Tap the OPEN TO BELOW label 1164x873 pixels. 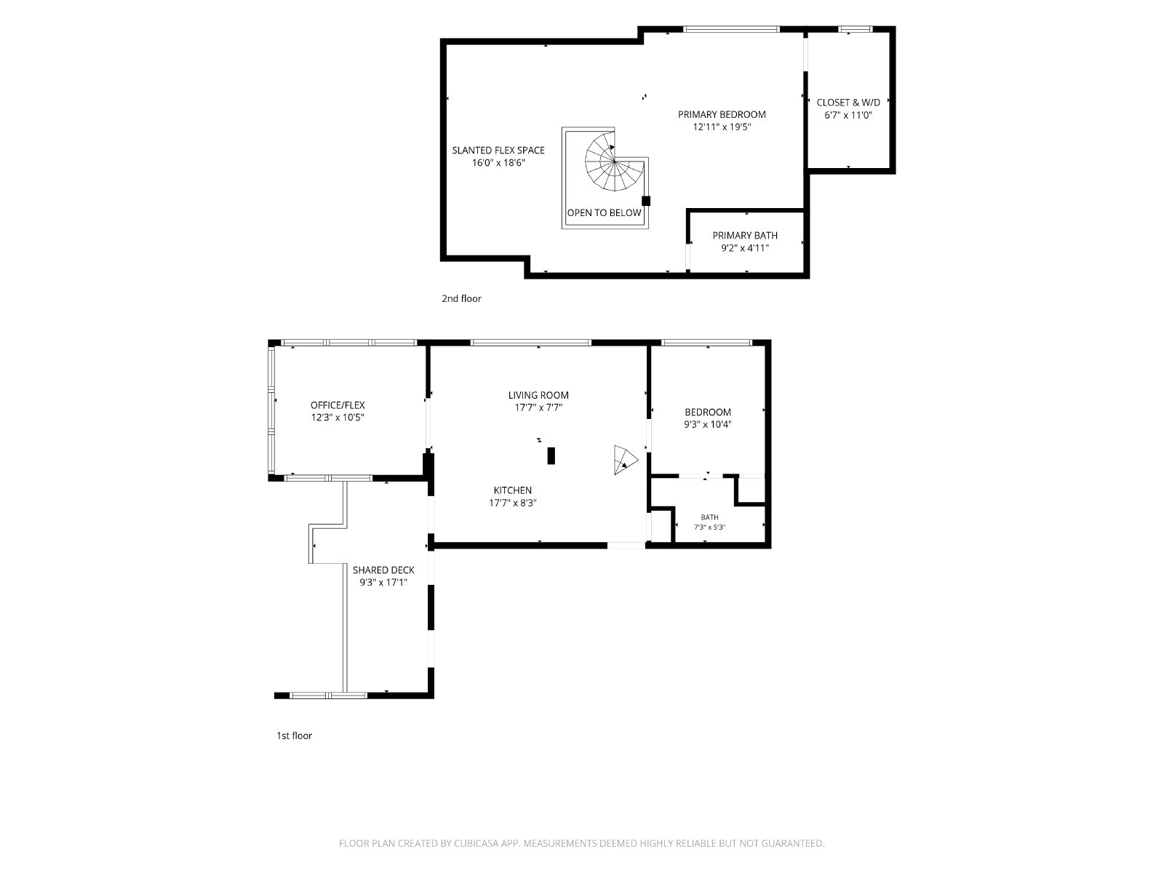(604, 212)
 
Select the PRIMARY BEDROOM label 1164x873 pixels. (722, 114)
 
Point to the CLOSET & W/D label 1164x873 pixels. (848, 103)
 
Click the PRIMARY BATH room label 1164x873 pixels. (745, 235)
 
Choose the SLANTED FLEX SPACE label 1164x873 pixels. (498, 150)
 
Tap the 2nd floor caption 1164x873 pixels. (461, 298)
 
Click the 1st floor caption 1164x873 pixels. (295, 736)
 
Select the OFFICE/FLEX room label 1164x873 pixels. (338, 405)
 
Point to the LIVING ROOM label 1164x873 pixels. (538, 395)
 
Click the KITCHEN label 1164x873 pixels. (512, 490)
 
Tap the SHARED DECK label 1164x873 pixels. (383, 570)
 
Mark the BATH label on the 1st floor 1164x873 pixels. (709, 517)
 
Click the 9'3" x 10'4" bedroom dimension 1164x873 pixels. (708, 424)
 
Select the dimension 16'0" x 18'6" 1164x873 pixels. (498, 163)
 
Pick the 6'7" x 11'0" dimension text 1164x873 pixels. (848, 115)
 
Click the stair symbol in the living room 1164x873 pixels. (625, 460)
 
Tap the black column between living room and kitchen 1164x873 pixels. (551, 456)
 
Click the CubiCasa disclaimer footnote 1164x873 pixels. (582, 843)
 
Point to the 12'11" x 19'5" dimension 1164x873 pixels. (722, 127)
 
